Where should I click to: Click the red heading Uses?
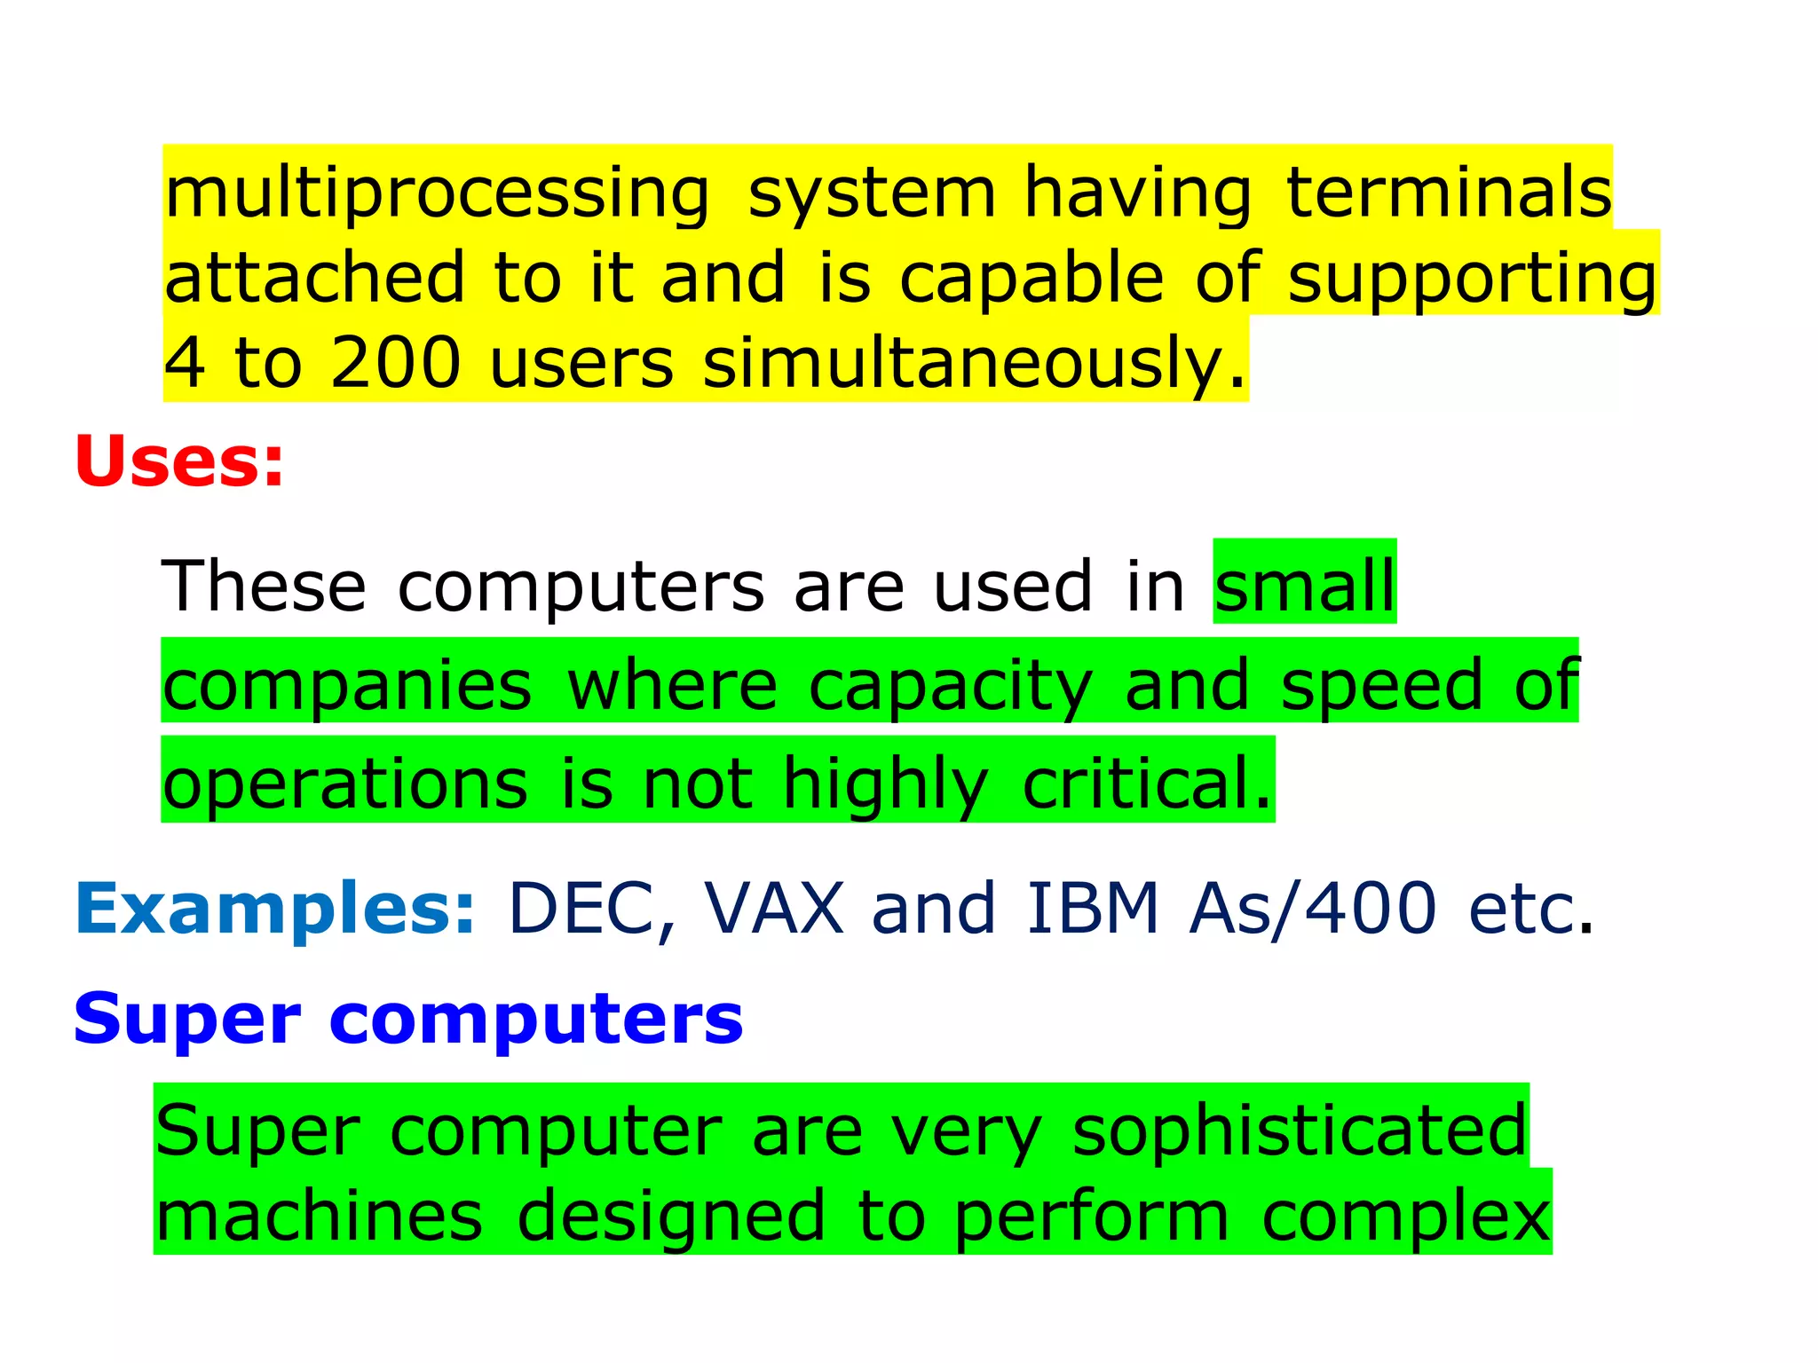pos(179,461)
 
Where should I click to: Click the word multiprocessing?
pos(437,193)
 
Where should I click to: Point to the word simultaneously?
pos(974,364)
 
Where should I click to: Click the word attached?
pos(315,277)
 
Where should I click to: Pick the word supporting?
pos(1472,279)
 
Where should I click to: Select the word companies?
pos(347,686)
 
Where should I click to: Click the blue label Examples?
pos(275,910)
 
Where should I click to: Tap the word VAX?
pos(774,909)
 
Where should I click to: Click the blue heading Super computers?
pos(408,1019)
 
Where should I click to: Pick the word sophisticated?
pos(1300,1131)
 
